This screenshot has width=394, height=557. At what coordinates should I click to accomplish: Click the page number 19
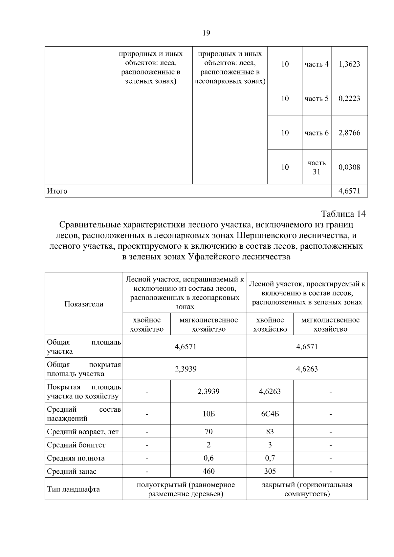[x=207, y=33]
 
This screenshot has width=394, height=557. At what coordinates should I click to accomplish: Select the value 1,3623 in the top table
[x=349, y=64]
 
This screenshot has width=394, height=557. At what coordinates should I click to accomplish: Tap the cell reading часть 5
[x=316, y=98]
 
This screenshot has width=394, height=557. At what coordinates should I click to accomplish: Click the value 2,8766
[x=349, y=133]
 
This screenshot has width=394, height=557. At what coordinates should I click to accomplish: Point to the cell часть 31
[x=316, y=167]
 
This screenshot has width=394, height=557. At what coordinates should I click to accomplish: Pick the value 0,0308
[x=349, y=167]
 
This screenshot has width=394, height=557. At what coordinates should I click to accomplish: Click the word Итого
[x=57, y=191]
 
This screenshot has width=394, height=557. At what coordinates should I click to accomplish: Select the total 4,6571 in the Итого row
[x=349, y=191]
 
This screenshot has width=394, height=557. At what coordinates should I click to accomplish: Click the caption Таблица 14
[x=343, y=214]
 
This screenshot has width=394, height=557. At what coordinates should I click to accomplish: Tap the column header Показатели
[x=84, y=304]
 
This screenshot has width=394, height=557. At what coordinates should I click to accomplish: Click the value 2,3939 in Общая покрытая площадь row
[x=186, y=369]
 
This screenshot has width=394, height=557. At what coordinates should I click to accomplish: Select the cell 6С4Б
[x=270, y=414]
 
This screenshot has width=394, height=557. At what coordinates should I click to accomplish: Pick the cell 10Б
[x=208, y=414]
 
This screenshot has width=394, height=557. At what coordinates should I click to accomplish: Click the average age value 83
[x=270, y=432]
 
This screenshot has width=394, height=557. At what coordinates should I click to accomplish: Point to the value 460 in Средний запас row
[x=208, y=471]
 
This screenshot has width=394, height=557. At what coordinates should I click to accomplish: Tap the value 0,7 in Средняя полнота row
[x=270, y=458]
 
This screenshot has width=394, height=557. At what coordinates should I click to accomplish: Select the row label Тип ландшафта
[x=73, y=489]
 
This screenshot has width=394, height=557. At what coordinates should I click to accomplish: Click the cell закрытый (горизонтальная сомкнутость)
[x=307, y=489]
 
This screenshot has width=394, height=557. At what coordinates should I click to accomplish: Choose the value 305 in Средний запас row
[x=270, y=471]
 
